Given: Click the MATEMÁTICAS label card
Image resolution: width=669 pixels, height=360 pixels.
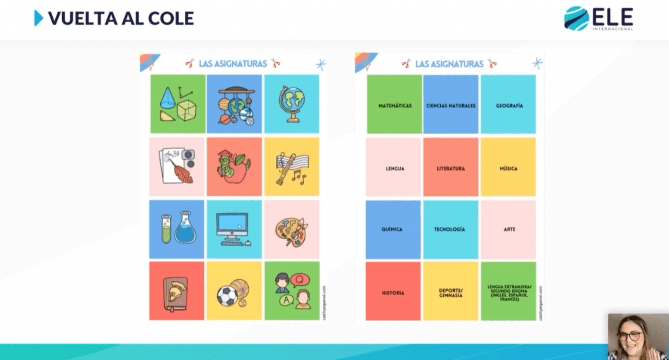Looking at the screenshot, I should pyautogui.click(x=395, y=105).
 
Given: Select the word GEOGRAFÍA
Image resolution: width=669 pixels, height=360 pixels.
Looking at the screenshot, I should pyautogui.click(x=509, y=105).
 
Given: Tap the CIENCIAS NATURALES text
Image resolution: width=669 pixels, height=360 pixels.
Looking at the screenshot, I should pyautogui.click(x=451, y=105).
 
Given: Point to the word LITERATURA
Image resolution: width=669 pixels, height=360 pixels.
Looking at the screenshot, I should pyautogui.click(x=451, y=168).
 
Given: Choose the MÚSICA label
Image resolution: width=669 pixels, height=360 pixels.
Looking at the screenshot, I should pyautogui.click(x=508, y=168).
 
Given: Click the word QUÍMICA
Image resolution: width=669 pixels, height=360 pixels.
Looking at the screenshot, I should pyautogui.click(x=392, y=229).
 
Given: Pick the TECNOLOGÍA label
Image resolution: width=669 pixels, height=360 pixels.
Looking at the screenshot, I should pyautogui.click(x=449, y=229).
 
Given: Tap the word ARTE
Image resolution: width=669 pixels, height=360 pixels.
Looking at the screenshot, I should pyautogui.click(x=509, y=229).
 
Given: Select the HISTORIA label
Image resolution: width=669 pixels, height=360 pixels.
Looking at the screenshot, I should pyautogui.click(x=393, y=293).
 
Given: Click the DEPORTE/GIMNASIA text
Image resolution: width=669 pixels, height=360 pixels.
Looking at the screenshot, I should pyautogui.click(x=451, y=293).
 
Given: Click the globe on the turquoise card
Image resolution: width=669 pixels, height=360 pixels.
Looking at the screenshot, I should pyautogui.click(x=292, y=104).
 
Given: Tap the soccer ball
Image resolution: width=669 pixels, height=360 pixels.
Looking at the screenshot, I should pyautogui.click(x=227, y=296).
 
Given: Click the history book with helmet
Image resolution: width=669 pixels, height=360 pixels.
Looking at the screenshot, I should pyautogui.click(x=176, y=293).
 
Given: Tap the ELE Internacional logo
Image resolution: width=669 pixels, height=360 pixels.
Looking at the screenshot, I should pyautogui.click(x=598, y=19).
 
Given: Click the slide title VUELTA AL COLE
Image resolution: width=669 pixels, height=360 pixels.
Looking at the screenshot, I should pyautogui.click(x=121, y=18).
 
